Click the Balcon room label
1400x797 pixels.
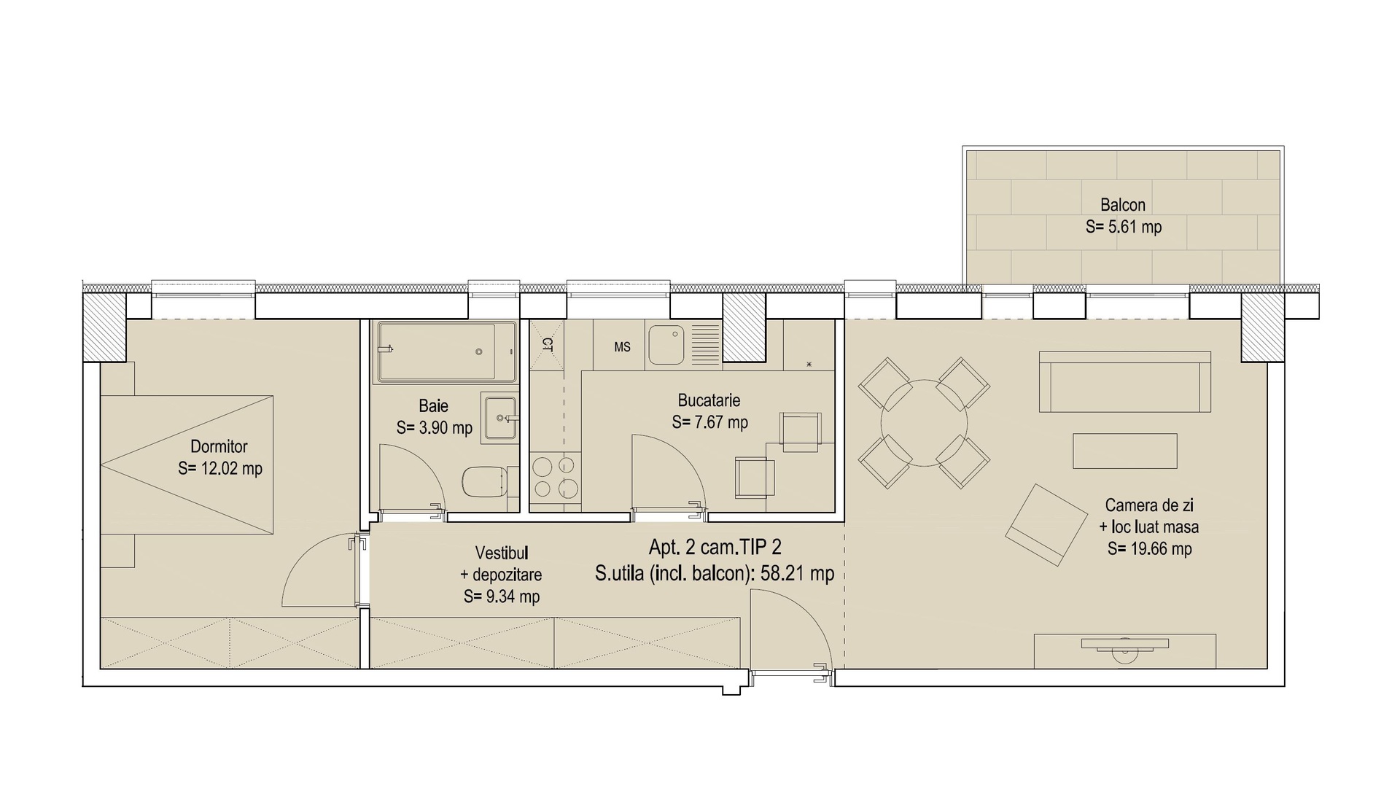click(1123, 205)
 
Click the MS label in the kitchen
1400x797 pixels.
click(622, 347)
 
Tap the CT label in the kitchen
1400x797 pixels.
click(548, 343)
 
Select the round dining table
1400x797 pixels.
click(924, 423)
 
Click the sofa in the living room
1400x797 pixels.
click(1124, 381)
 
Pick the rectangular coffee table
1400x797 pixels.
click(1124, 451)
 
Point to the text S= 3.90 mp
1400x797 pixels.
click(435, 428)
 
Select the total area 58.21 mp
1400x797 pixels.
click(797, 573)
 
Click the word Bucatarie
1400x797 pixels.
click(709, 400)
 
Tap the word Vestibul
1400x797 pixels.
click(501, 553)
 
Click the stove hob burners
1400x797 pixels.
click(556, 476)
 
